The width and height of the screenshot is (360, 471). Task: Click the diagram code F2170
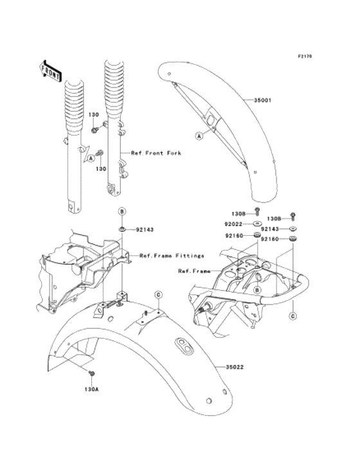[305, 57]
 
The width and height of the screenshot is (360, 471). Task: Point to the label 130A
[92, 389]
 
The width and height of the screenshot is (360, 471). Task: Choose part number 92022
[233, 224]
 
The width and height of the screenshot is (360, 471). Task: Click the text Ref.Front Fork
[156, 154]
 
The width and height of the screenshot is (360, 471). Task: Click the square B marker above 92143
[121, 211]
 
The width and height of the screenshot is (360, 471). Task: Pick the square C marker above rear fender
[157, 295]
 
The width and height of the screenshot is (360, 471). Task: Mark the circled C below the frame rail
[292, 316]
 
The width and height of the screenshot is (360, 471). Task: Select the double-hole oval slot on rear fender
[184, 346]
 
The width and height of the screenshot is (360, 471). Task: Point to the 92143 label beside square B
[145, 229]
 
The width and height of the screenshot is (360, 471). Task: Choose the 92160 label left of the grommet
[233, 236]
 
